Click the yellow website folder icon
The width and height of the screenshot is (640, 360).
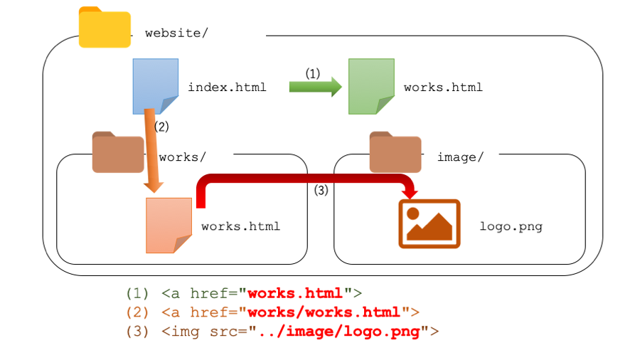(x=105, y=28)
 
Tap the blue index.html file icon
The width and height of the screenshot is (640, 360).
(x=155, y=86)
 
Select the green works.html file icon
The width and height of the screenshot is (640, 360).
(x=370, y=86)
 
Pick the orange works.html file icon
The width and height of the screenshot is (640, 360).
(x=169, y=225)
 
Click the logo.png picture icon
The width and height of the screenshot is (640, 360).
(x=429, y=223)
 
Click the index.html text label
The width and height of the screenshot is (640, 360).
(x=227, y=88)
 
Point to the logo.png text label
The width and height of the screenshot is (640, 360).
(x=511, y=227)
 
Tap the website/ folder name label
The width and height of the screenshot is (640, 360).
(x=176, y=33)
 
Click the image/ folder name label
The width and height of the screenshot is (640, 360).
(x=460, y=157)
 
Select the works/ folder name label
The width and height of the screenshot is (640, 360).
(x=178, y=157)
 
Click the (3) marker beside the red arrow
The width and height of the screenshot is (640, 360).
(x=321, y=190)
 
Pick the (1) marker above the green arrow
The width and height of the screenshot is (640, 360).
(x=313, y=73)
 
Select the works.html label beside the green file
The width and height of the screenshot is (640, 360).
(x=443, y=88)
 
